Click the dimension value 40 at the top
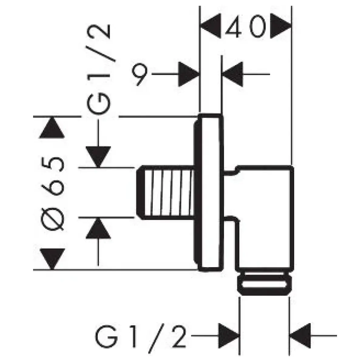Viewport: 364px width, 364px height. tap(246, 26)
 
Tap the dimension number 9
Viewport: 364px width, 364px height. tap(140, 74)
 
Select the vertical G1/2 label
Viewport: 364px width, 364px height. tap(99, 69)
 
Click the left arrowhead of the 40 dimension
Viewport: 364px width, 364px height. tap(211, 26)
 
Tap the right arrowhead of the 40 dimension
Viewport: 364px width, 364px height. tap(281, 26)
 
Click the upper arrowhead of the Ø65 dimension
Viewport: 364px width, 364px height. tap(52, 128)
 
